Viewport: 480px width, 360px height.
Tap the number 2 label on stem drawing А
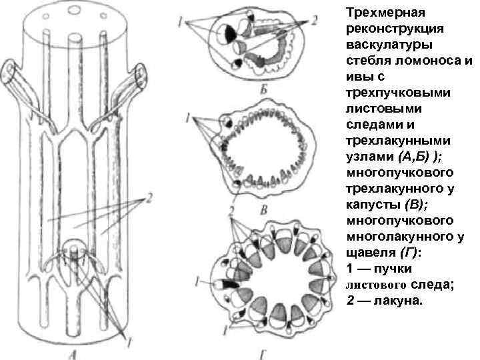[x=151, y=198]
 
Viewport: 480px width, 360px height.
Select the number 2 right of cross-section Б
[x=314, y=21]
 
